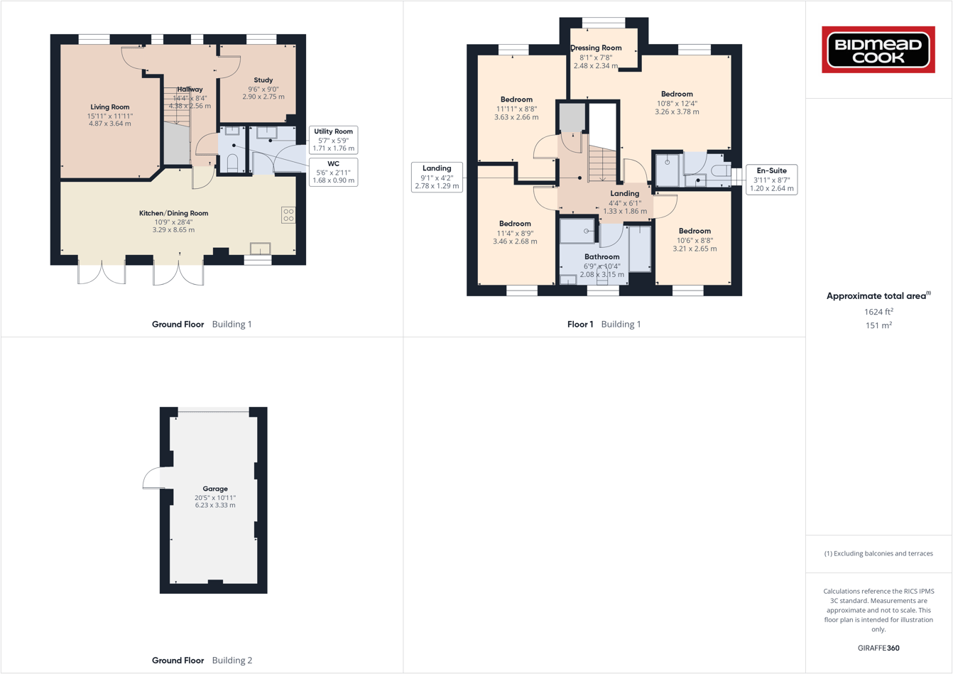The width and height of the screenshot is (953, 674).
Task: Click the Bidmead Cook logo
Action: [x=878, y=50]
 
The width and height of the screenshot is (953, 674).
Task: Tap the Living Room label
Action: [x=110, y=107]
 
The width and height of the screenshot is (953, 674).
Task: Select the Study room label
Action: [x=263, y=81]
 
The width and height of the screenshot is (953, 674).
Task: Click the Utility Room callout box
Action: [x=334, y=140]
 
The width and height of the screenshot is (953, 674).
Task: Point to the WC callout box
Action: [x=334, y=172]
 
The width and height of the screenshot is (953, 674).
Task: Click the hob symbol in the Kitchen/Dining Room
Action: [x=288, y=214]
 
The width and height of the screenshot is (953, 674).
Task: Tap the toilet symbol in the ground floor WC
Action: [x=232, y=163]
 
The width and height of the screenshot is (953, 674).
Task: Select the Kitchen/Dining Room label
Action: [x=173, y=213]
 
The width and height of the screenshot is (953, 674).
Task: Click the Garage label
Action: [x=215, y=489]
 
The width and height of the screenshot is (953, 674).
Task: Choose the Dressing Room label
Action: [x=596, y=48]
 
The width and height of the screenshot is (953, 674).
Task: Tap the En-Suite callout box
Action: [x=771, y=180]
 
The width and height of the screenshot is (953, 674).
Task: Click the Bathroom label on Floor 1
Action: [x=601, y=256]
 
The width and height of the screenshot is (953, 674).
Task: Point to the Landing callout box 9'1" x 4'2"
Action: [x=437, y=178]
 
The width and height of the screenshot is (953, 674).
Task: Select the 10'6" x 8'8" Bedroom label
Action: [x=694, y=231]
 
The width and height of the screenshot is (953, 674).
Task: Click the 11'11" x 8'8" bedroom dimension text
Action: [x=516, y=109]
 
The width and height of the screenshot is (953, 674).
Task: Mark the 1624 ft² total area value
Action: [x=878, y=312]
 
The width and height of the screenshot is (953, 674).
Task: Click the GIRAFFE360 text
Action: [x=878, y=648]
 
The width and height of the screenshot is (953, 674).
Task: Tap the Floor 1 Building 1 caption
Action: [x=604, y=324]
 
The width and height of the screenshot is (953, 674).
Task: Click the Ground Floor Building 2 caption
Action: [x=202, y=660]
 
